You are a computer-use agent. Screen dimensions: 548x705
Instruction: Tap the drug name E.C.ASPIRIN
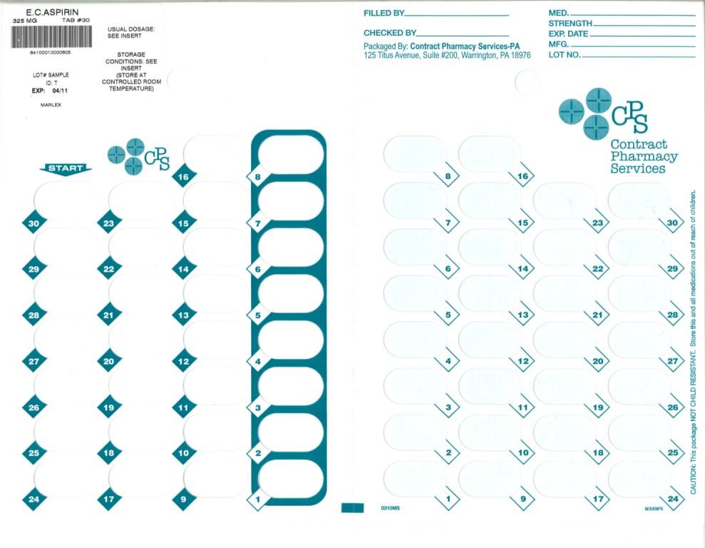click(52, 12)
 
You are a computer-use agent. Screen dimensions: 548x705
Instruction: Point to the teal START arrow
click(66, 169)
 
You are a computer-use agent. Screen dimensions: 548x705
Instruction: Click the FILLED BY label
click(384, 14)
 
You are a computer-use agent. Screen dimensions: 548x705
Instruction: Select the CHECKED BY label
click(389, 33)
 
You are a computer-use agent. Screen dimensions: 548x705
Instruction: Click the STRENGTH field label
click(570, 24)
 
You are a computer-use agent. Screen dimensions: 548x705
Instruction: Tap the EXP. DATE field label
click(569, 34)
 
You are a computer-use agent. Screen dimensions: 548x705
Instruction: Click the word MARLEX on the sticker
click(51, 105)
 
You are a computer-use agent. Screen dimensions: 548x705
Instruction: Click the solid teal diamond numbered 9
click(183, 499)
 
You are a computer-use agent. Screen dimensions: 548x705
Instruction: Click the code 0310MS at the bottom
click(391, 508)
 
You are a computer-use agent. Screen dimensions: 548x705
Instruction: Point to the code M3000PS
click(653, 509)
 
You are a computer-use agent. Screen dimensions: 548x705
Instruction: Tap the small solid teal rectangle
click(353, 507)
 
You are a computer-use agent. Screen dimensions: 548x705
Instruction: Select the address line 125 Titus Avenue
click(447, 56)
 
